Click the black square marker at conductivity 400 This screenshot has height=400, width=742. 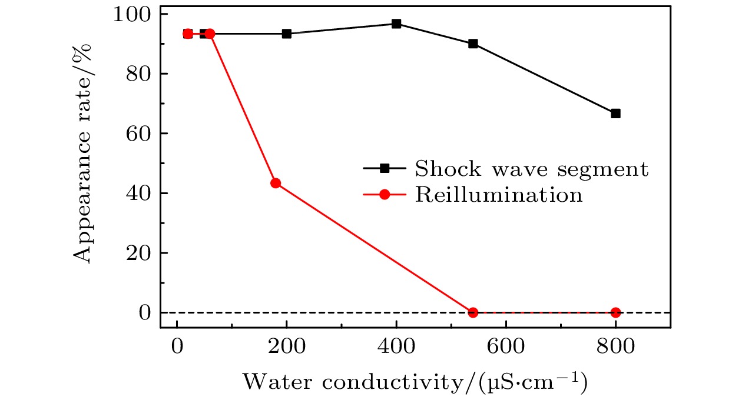pos(396,24)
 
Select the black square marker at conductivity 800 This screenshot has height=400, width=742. pos(615,114)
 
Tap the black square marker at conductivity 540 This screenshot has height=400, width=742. pos(473,44)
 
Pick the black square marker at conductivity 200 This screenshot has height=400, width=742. pos(287,34)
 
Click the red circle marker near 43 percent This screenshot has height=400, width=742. pos(275,183)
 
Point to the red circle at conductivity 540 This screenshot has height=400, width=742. pos(473,312)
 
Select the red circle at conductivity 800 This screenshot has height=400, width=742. pos(615,312)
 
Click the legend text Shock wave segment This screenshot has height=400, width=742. pos(531,169)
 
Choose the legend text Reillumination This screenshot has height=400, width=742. pos(499,195)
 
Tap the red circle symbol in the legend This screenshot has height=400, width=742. pos(385,195)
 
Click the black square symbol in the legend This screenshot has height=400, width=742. pos(385,169)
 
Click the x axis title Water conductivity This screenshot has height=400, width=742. pos(415,383)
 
